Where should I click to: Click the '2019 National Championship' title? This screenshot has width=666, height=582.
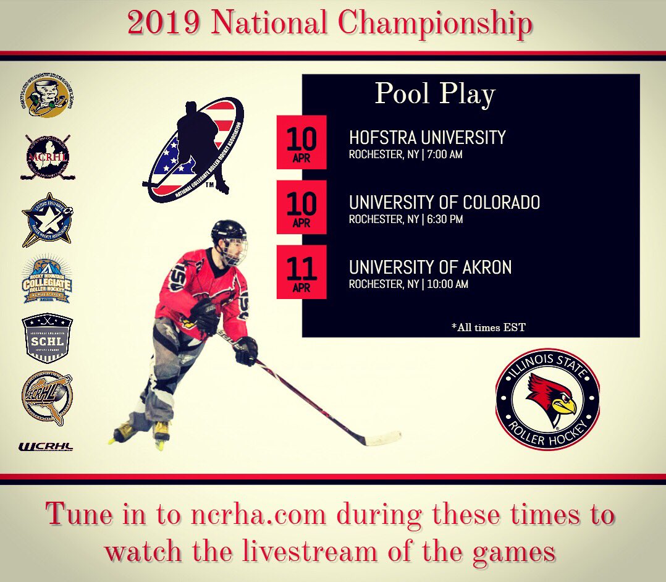pos(330,24)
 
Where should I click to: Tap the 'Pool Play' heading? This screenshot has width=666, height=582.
pos(435,94)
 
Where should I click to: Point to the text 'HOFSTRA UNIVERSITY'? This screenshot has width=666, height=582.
pos(427,137)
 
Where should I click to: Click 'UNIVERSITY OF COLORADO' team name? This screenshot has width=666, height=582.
pos(444,202)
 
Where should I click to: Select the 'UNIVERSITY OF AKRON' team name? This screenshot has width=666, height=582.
pos(430,267)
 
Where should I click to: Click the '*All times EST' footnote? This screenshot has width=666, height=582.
pos(488,327)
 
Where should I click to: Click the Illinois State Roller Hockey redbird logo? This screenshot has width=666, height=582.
pos(547,399)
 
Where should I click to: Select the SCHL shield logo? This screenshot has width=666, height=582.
pos(48,338)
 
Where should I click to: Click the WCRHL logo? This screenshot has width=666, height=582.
pos(46,446)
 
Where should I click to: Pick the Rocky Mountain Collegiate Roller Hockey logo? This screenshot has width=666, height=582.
pos(47,279)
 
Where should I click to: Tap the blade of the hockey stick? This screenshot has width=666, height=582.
pos(381,440)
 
